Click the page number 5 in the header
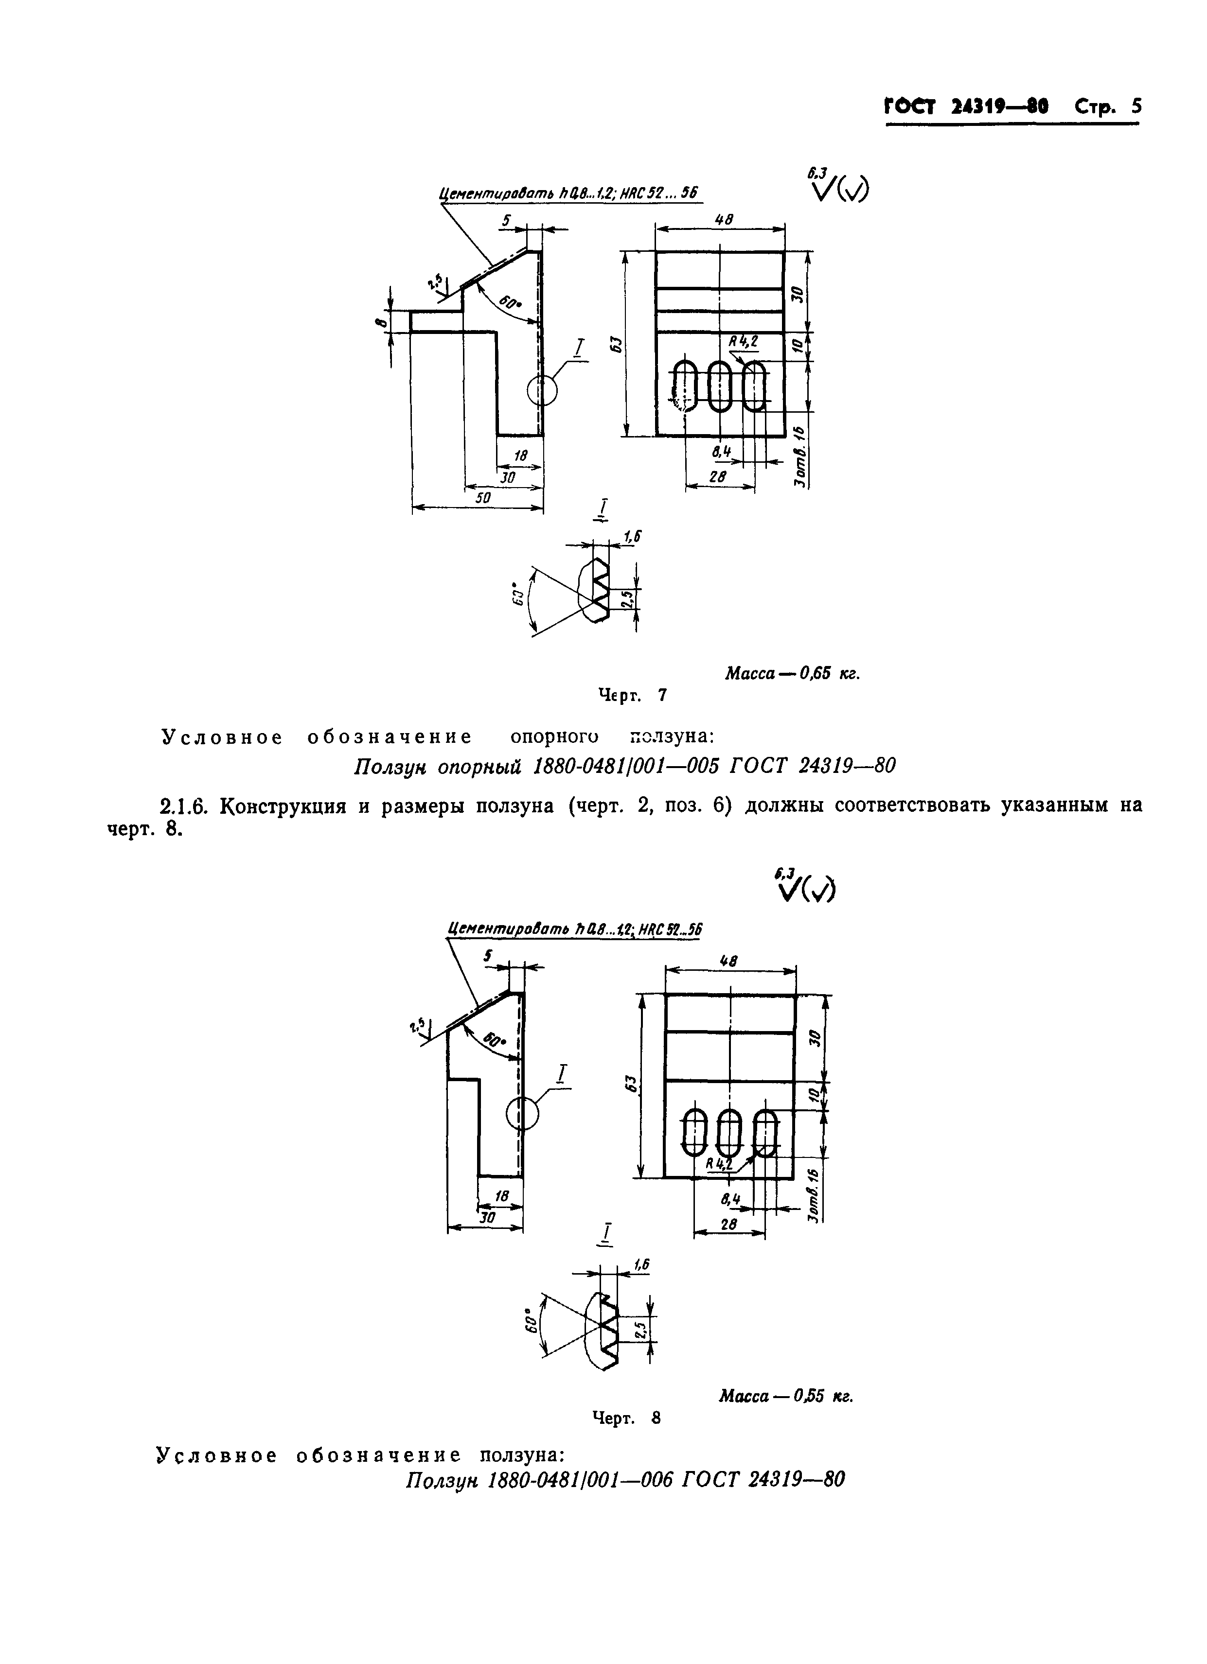pyautogui.click(x=1136, y=106)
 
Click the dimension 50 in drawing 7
pyautogui.click(x=483, y=497)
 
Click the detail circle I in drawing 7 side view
pyautogui.click(x=542, y=390)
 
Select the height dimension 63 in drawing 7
pyautogui.click(x=617, y=343)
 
